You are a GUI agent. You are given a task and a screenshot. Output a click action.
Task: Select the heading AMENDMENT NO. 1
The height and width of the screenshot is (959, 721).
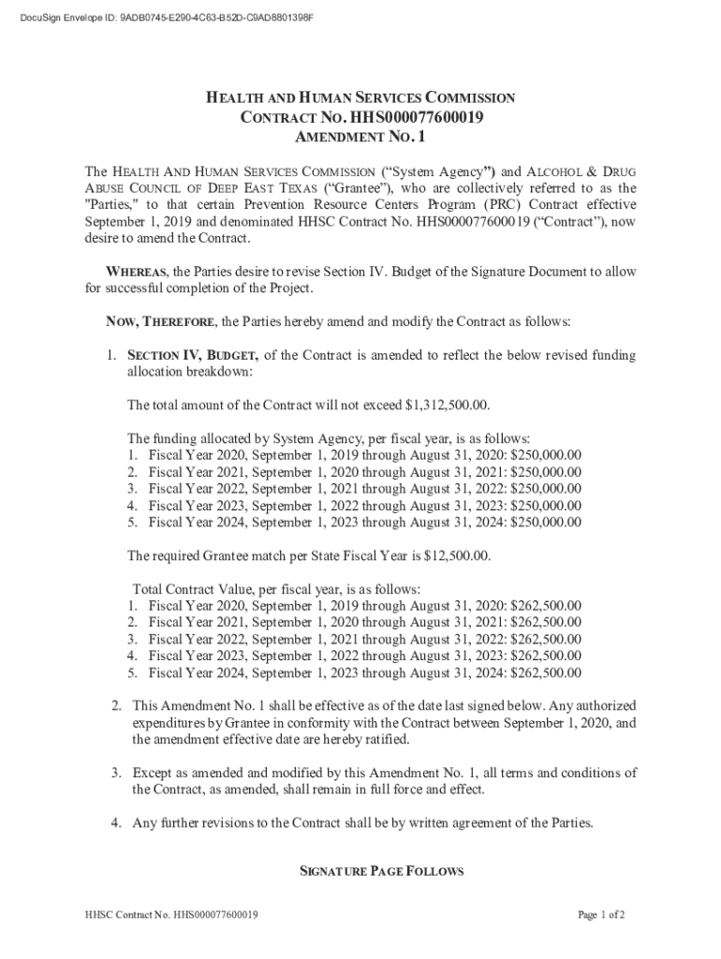click(360, 138)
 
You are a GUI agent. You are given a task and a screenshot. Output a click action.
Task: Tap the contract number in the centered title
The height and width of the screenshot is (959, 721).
click(417, 117)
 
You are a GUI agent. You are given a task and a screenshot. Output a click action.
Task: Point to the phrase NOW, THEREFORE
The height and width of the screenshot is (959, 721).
click(160, 321)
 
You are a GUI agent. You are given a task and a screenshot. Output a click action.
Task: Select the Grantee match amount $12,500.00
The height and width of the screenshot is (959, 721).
click(456, 555)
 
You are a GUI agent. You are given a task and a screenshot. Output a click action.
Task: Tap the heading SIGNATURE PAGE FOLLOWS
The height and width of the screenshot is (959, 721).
click(381, 871)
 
